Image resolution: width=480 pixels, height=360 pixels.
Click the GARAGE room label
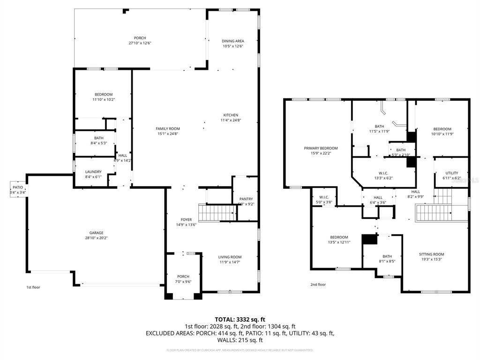(x=97, y=233)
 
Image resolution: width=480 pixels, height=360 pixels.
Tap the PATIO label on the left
(x=18, y=187)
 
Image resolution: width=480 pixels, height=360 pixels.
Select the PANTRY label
(x=246, y=199)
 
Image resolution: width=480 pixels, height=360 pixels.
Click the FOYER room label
(x=187, y=219)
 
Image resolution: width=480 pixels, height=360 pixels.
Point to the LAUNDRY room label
(x=94, y=172)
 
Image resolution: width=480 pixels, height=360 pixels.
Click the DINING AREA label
(x=233, y=41)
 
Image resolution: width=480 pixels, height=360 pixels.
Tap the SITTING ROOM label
(x=431, y=255)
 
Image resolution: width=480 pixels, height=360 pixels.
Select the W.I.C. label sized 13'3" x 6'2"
(x=383, y=173)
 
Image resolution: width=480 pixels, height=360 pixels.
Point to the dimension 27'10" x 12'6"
(x=140, y=43)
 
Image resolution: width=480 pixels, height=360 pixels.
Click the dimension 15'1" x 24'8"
(x=168, y=134)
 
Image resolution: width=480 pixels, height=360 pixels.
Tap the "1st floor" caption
(x=33, y=287)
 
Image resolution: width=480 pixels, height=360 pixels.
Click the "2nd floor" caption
(x=318, y=285)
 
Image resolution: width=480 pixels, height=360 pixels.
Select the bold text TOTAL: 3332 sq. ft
(x=240, y=319)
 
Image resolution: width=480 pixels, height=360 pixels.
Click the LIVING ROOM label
(x=230, y=257)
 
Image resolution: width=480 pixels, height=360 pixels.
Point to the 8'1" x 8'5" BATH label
(x=387, y=256)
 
